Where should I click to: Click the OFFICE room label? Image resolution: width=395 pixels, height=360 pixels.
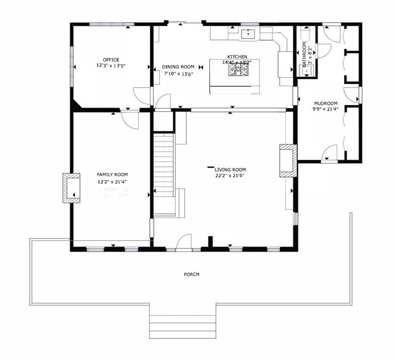click(111, 60)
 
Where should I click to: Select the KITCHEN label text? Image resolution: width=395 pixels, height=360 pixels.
click(237, 57)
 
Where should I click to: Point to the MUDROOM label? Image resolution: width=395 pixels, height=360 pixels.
click(325, 103)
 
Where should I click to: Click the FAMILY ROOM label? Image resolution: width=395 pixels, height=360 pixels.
click(112, 174)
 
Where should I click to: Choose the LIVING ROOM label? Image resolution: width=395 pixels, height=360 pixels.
click(230, 170)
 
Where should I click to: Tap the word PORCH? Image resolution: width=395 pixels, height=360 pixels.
click(191, 274)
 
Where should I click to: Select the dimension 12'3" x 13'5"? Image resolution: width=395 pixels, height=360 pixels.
click(111, 66)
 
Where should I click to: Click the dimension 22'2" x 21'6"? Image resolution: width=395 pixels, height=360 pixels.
click(230, 176)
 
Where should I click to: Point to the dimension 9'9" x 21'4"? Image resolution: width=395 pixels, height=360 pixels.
click(325, 109)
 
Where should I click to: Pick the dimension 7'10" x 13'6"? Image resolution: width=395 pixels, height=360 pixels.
click(178, 74)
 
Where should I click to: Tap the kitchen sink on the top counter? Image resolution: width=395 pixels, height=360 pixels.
click(247, 33)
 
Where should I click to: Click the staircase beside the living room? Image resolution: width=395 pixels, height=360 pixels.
click(164, 173)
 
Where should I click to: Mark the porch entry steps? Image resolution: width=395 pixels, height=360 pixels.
click(182, 327)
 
